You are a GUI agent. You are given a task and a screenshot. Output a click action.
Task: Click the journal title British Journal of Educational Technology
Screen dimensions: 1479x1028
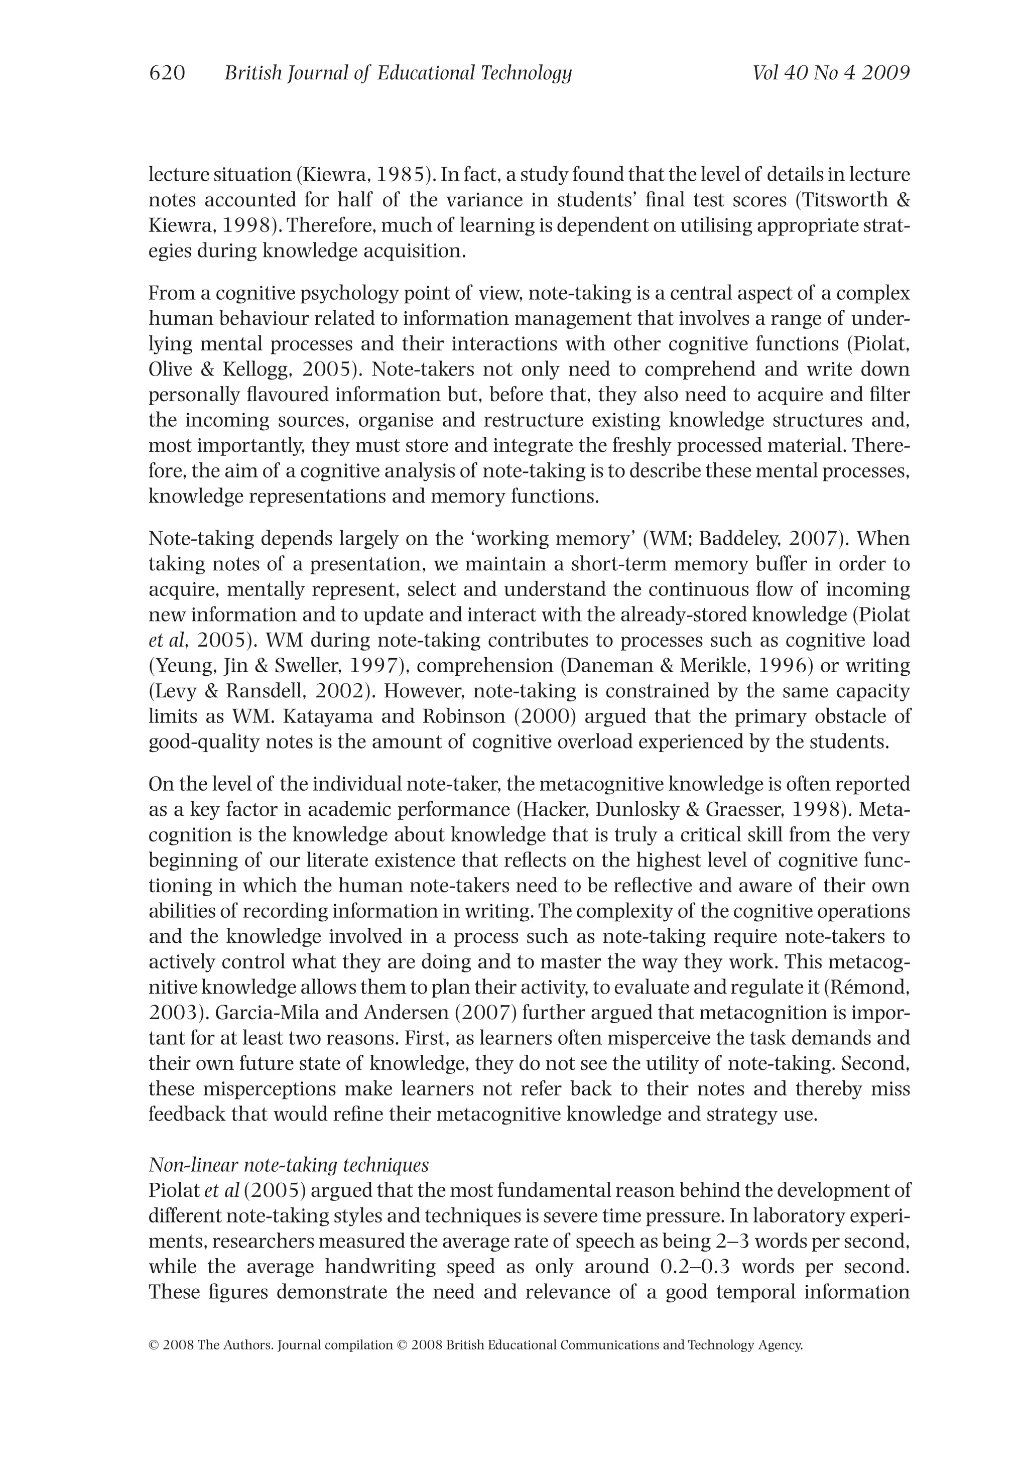click(x=398, y=73)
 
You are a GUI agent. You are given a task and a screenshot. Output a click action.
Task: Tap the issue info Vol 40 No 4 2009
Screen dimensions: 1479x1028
click(x=831, y=73)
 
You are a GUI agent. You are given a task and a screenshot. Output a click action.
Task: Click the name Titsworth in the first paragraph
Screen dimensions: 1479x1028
click(x=844, y=200)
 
